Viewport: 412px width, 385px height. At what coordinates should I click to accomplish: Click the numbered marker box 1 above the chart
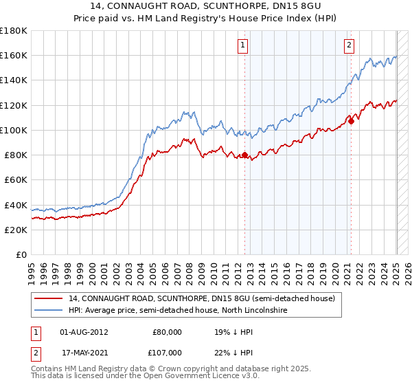click(x=244, y=46)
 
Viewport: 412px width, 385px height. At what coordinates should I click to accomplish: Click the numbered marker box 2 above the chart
click(x=349, y=46)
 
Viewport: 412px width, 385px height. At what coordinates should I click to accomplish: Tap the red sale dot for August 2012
click(x=244, y=155)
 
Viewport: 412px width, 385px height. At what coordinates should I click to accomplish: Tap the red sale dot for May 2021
click(x=351, y=122)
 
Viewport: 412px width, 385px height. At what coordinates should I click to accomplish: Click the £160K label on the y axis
click(x=14, y=55)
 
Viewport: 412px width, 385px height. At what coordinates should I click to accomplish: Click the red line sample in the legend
click(x=48, y=298)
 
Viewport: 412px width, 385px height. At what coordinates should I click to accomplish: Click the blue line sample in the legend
click(x=48, y=311)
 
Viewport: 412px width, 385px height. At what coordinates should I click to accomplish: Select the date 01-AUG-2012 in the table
click(x=84, y=331)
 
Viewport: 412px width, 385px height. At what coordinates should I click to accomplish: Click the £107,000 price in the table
click(x=168, y=352)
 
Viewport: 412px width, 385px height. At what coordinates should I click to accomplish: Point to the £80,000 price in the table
click(x=168, y=331)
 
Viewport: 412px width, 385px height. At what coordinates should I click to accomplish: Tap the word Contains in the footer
click(x=47, y=368)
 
